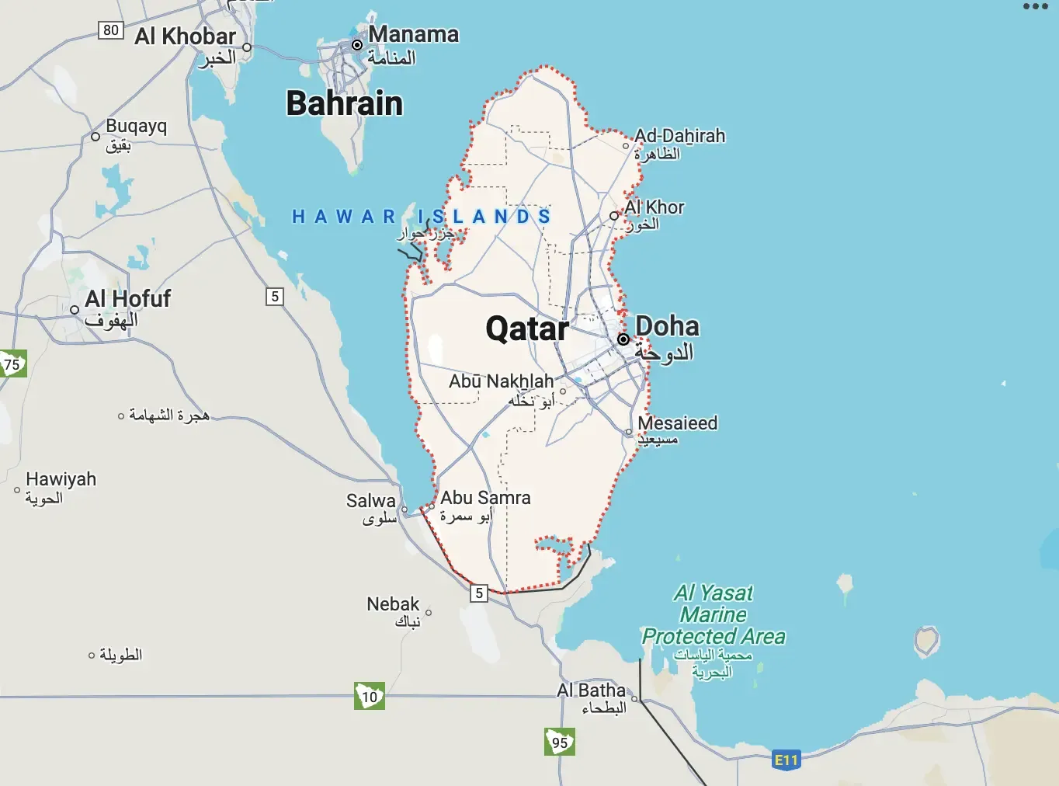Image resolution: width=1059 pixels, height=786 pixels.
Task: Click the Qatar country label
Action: [526, 329]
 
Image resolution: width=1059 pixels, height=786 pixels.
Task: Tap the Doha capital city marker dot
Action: [623, 339]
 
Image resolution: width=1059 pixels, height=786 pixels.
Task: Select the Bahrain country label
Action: [345, 103]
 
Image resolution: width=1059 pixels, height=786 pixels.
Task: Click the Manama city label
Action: [413, 35]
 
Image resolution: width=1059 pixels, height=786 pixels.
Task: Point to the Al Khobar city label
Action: [185, 37]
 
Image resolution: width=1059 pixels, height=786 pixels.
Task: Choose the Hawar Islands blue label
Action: [422, 217]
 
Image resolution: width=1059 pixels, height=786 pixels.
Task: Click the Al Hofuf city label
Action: [128, 299]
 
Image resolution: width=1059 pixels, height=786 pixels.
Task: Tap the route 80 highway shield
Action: [111, 30]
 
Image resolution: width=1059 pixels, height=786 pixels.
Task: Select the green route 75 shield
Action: [12, 364]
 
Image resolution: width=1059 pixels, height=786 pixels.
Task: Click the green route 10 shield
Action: [370, 696]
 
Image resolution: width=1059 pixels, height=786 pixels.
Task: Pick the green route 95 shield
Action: [560, 742]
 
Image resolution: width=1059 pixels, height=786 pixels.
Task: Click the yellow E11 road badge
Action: [786, 760]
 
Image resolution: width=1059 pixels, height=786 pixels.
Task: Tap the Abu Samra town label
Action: [485, 498]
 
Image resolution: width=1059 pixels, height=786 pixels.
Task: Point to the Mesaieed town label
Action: [677, 423]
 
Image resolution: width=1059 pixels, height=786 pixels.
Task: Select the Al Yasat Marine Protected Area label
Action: [714, 615]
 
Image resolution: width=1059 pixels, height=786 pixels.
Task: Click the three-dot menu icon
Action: [1035, 7]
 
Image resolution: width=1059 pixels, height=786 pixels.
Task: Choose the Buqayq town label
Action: [136, 127]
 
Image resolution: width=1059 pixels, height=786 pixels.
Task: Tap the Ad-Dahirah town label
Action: [679, 136]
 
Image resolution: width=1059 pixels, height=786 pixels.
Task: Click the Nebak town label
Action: [393, 604]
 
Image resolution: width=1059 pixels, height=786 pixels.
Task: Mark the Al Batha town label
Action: [591, 690]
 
